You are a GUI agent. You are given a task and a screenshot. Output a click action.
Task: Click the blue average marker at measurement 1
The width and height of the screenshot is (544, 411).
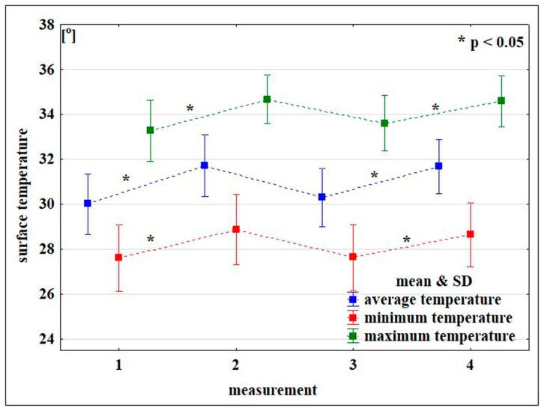88,203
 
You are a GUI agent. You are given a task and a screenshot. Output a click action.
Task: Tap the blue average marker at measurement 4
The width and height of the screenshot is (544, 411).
438,165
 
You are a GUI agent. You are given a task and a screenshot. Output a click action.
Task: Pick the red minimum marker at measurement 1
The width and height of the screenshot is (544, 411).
118,257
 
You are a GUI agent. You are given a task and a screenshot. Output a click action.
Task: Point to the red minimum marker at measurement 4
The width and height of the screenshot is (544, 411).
470,234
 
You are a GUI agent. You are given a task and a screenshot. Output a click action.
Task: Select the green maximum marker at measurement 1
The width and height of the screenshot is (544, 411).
150,130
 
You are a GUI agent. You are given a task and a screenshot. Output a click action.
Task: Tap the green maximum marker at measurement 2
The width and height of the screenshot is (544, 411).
267,99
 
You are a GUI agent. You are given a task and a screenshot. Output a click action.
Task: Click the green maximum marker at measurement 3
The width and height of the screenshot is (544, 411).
384,123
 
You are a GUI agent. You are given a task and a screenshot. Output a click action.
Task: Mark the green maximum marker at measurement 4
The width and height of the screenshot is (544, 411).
501,100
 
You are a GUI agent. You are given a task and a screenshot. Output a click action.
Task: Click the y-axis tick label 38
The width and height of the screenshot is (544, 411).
46,25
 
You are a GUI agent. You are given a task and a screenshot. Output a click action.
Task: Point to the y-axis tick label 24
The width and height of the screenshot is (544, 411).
46,339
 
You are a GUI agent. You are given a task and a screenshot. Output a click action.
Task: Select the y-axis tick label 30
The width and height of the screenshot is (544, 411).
46,204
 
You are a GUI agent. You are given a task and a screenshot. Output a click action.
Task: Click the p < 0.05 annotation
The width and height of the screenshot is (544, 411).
491,41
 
